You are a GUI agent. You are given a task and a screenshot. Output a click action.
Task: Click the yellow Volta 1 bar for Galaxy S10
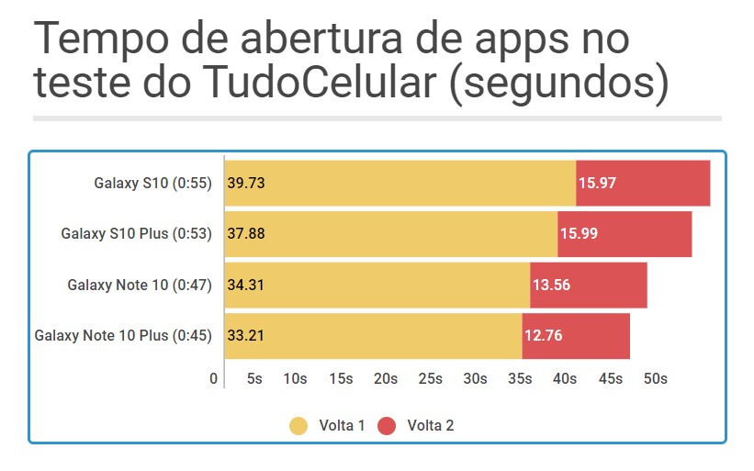click(400, 183)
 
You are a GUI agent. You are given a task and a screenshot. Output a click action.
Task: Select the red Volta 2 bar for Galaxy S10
click(643, 183)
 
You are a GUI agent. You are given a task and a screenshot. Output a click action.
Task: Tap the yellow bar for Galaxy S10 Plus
click(390, 233)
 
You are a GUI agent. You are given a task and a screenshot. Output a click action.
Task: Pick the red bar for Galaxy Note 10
click(589, 285)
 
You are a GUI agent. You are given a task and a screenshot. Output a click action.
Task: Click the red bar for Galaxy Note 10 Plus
click(576, 335)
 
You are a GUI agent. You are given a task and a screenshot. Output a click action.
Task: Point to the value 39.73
click(246, 183)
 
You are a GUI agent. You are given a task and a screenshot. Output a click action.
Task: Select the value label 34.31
click(246, 285)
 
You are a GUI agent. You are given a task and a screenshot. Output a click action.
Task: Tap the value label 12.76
click(543, 335)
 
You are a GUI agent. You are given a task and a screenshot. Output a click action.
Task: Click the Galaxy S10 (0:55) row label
click(152, 183)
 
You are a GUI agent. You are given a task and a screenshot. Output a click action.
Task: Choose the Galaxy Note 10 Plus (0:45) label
click(123, 335)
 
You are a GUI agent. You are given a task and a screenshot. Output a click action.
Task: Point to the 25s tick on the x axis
click(431, 378)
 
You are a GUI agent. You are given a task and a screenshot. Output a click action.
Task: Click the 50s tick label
click(655, 378)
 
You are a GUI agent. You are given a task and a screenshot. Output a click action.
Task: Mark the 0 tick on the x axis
click(214, 378)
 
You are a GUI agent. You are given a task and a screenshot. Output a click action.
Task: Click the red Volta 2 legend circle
click(388, 426)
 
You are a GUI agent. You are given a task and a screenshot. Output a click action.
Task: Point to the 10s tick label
click(295, 378)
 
